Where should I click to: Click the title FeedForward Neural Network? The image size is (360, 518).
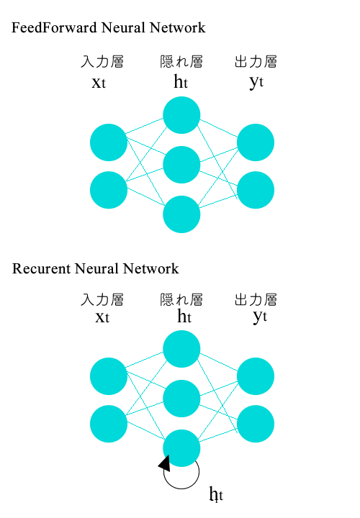point(109,28)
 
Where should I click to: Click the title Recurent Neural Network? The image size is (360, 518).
point(95,269)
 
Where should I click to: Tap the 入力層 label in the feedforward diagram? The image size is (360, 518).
point(102,63)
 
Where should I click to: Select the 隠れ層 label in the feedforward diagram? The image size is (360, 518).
point(181,63)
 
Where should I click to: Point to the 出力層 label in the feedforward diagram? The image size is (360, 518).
point(256,63)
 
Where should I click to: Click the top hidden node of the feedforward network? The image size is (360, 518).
point(181,115)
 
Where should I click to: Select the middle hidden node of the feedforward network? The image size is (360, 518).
point(181,165)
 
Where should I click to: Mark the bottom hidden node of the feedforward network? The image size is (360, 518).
point(181,214)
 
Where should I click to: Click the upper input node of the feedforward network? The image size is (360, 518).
point(109,142)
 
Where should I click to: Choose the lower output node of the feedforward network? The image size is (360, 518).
point(256,190)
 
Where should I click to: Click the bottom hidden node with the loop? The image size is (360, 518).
point(181,447)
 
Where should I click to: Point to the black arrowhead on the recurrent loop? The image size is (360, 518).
point(164,464)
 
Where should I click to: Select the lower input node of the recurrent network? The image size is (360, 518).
point(109,424)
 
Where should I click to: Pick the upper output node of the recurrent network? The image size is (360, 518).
point(256,376)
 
